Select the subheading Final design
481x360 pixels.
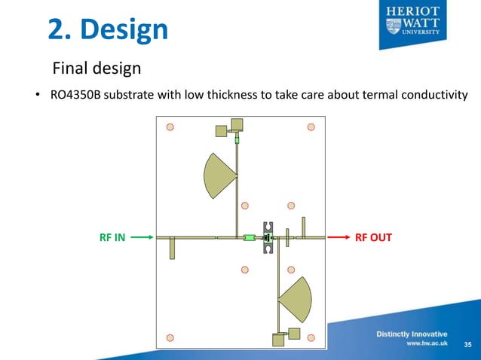point(96,69)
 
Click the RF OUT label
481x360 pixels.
point(373,237)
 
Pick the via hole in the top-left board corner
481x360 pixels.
point(170,127)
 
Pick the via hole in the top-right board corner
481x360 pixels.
point(310,127)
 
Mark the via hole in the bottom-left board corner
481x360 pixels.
point(170,337)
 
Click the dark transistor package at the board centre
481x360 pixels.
point(267,238)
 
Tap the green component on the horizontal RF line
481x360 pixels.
point(249,238)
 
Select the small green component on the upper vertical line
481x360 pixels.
point(237,140)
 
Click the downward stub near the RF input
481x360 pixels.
point(172,248)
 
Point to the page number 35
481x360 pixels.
point(467,345)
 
